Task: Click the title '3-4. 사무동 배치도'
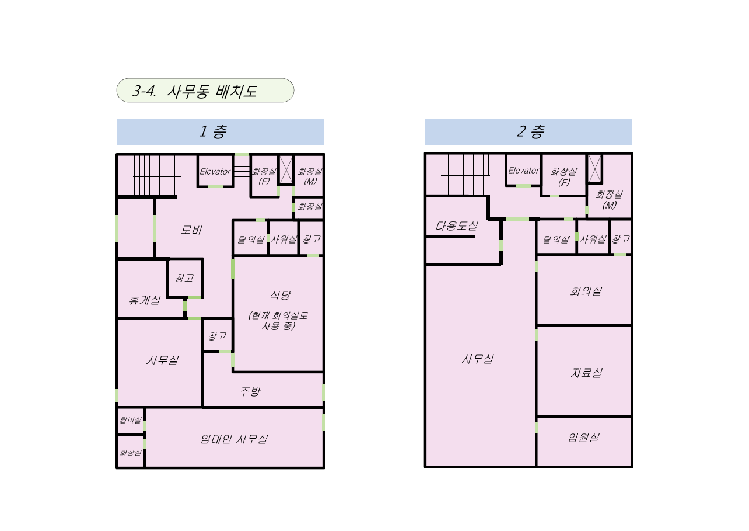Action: click(x=195, y=91)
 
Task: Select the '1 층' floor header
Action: click(x=213, y=131)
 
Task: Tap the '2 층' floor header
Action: click(x=530, y=131)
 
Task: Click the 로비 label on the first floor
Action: click(x=191, y=230)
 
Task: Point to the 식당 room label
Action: click(x=280, y=295)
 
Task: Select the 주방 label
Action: click(x=250, y=391)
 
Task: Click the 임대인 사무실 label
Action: click(x=234, y=439)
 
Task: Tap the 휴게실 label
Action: click(x=145, y=300)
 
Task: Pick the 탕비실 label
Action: click(x=131, y=420)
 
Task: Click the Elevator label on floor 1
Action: click(x=215, y=171)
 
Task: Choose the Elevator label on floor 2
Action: click(x=523, y=171)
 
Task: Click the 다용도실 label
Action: click(x=456, y=225)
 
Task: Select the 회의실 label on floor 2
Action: click(x=586, y=291)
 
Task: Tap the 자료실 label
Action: click(x=586, y=373)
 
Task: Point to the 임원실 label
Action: click(x=584, y=438)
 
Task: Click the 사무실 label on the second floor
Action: click(x=478, y=359)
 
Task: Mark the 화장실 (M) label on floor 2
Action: click(x=609, y=200)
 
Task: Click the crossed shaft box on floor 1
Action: click(x=286, y=170)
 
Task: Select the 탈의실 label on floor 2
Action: click(x=556, y=240)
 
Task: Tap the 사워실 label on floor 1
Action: click(x=283, y=239)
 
